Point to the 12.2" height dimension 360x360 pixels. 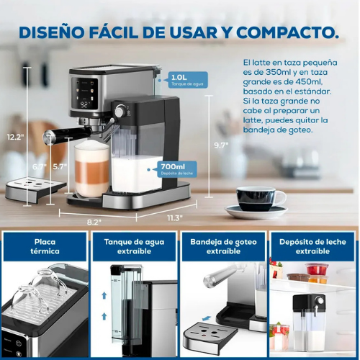[x=15, y=136]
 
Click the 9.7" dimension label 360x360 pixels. [x=221, y=145]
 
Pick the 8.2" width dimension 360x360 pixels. [x=94, y=221]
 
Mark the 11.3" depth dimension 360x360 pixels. [x=174, y=217]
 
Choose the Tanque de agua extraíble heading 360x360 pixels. [x=134, y=247]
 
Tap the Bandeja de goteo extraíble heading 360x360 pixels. [x=224, y=247]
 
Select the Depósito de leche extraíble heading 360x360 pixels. [x=313, y=247]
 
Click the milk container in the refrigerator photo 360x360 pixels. [x=312, y=324]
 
